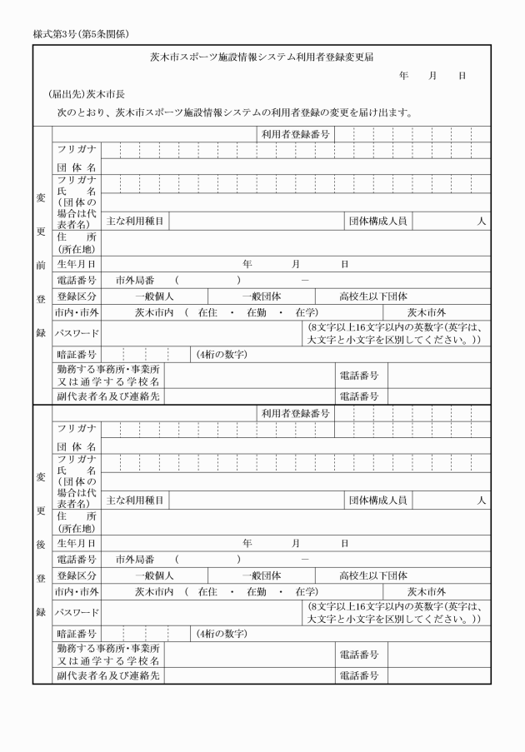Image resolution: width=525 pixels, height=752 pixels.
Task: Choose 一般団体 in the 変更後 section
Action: (x=261, y=575)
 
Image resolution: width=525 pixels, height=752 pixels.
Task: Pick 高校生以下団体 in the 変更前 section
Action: (x=372, y=296)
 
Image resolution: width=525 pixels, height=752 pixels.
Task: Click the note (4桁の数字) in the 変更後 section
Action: (x=221, y=634)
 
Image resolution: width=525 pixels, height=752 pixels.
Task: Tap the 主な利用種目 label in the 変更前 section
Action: (x=136, y=222)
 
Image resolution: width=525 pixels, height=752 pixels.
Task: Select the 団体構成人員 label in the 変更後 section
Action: (x=377, y=501)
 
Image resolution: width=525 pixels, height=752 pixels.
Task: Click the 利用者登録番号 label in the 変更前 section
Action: (x=295, y=133)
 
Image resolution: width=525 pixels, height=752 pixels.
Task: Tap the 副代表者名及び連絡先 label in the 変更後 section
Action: (x=108, y=675)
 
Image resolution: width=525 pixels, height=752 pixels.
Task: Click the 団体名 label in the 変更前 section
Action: (x=77, y=167)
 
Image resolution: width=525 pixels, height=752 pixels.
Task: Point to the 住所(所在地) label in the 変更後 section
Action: (x=77, y=522)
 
